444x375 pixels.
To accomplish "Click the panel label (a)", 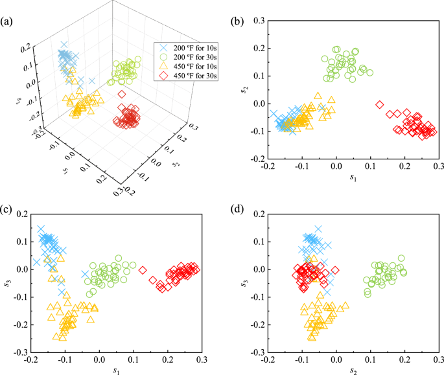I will [10, 6].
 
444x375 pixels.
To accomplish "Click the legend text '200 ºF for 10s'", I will [193, 48].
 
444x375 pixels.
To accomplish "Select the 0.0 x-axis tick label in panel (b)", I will [336, 167].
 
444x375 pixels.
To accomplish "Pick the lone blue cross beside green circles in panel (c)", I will [84, 274].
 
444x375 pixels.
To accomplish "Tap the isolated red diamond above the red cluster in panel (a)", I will [121, 95].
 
